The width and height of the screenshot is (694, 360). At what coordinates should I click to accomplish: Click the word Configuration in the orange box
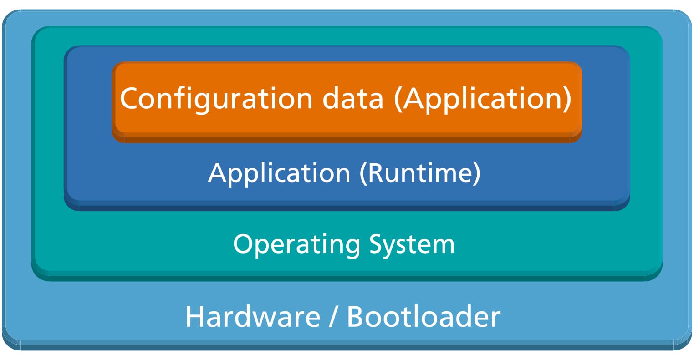[216, 99]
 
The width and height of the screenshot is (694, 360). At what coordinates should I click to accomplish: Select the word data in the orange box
[353, 98]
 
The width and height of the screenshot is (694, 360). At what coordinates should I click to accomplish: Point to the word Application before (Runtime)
[279, 173]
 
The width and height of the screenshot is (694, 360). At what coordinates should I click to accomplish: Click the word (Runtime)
[420, 173]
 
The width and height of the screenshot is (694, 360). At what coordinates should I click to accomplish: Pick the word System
[412, 244]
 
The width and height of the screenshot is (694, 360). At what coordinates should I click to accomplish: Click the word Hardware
[253, 317]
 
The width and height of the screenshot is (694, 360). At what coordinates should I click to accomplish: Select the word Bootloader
[424, 317]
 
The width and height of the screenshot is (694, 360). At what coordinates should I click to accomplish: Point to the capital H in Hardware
[194, 317]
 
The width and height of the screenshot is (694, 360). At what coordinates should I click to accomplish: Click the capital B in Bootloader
[357, 317]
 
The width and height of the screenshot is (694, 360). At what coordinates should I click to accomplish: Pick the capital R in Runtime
[376, 173]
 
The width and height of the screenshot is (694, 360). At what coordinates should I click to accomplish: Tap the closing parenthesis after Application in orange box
[566, 99]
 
